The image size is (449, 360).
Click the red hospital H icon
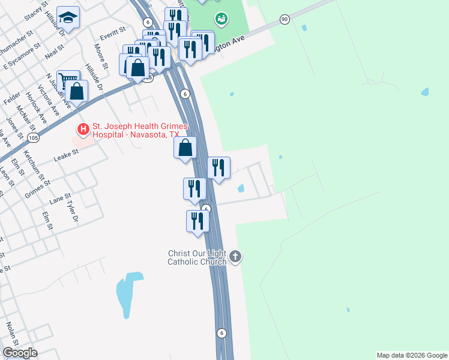pos(83,129)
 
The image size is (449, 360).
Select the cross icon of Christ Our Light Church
pos(235,257)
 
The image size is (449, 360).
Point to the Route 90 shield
pos(285,20)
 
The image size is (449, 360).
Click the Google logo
pos(19,353)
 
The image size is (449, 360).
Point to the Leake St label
pos(66,155)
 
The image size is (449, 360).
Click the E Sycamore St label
pos(22,55)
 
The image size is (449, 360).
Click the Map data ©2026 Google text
pos(412,355)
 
